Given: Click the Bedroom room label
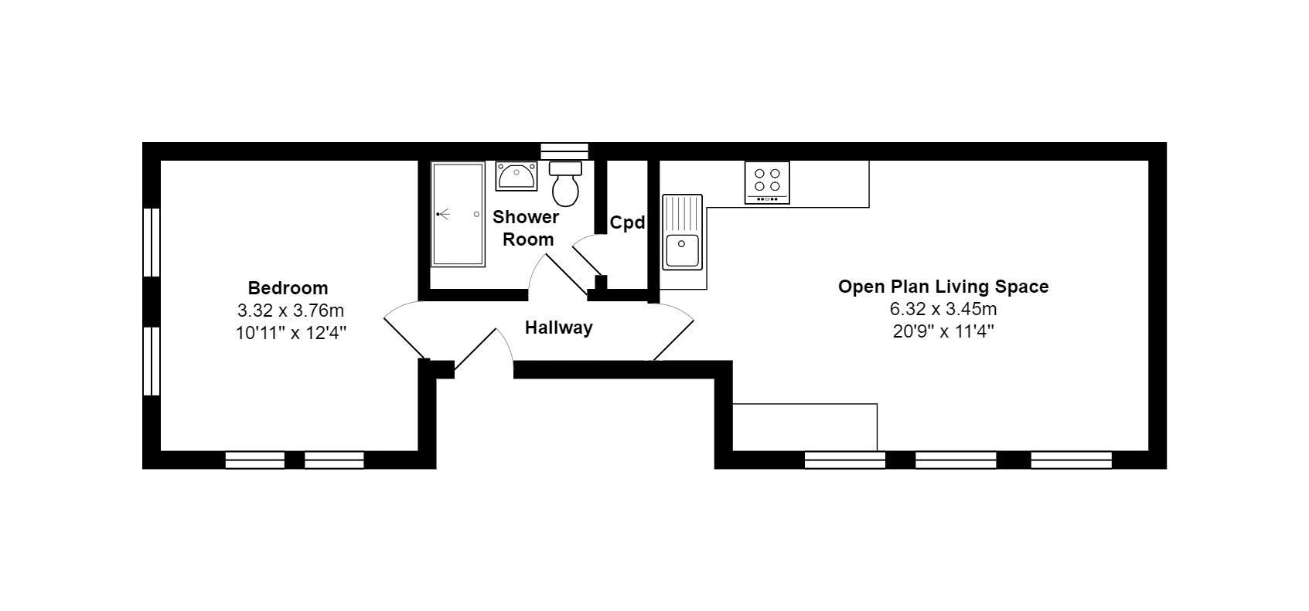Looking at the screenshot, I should pyautogui.click(x=288, y=288).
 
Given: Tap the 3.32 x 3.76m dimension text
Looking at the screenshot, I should pyautogui.click(x=290, y=311).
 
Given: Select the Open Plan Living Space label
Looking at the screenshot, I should pyautogui.click(x=943, y=287).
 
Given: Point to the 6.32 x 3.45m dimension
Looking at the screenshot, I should pyautogui.click(x=943, y=310).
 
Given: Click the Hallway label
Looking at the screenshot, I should pyautogui.click(x=558, y=328).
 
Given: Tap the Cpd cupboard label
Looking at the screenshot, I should pyautogui.click(x=626, y=223).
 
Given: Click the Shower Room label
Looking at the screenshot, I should pyautogui.click(x=527, y=228).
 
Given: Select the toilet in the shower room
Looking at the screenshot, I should pyautogui.click(x=566, y=185).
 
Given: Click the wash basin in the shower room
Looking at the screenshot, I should pyautogui.click(x=516, y=177).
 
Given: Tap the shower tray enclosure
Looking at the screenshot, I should pyautogui.click(x=458, y=214).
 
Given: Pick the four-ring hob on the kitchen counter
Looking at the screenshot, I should pyautogui.click(x=767, y=182).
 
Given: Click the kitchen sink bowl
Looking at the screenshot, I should pyautogui.click(x=682, y=250).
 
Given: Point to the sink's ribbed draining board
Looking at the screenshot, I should pyautogui.click(x=682, y=213).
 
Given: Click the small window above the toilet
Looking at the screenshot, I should pyautogui.click(x=564, y=151).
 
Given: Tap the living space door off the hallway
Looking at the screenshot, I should pyautogui.click(x=674, y=332).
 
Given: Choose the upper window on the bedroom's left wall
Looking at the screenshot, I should pyautogui.click(x=152, y=242).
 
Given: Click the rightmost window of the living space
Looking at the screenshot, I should pyautogui.click(x=1071, y=460).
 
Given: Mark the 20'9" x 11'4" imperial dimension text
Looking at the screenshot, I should pyautogui.click(x=943, y=332).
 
